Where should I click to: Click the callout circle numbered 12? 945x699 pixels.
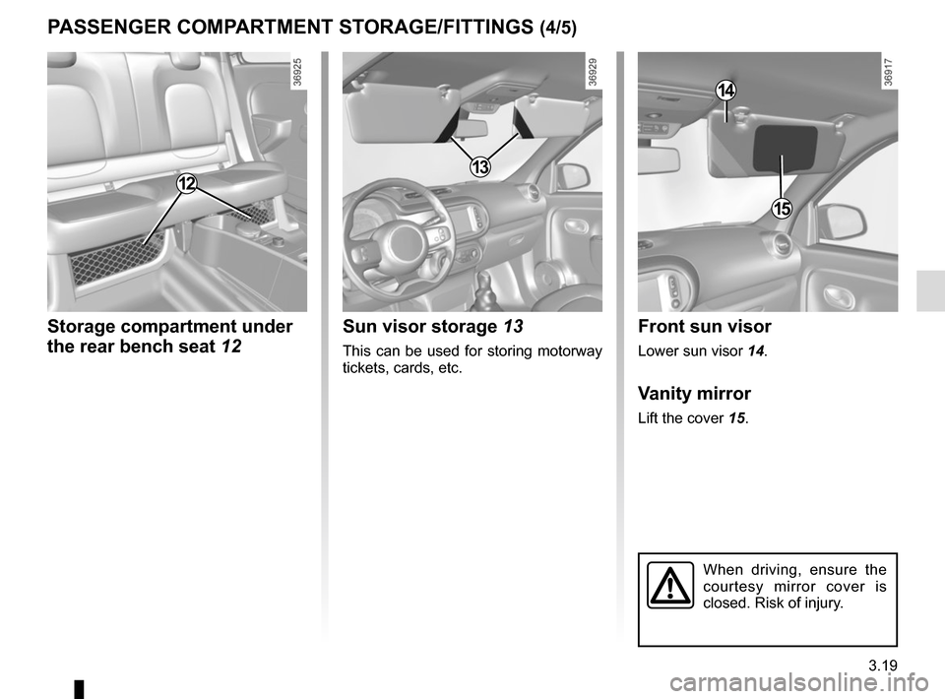187,182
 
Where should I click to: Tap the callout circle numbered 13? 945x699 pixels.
479,167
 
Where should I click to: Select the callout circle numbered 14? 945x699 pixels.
725,91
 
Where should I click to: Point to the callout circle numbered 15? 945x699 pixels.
782,208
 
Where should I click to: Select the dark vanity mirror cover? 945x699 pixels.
785,147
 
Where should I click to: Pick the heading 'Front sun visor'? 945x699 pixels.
705,327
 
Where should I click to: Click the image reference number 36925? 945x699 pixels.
297,73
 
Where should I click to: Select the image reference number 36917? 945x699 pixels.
889,73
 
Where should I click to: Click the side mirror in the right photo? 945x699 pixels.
843,221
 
